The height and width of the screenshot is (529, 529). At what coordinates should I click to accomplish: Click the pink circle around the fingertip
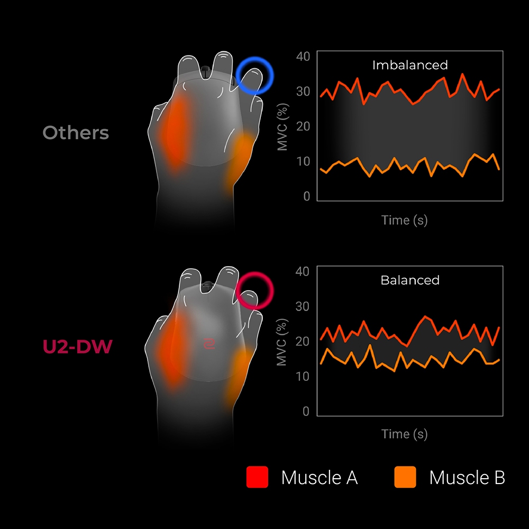coord(237,291)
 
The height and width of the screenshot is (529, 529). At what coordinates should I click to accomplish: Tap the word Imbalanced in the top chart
coord(410,65)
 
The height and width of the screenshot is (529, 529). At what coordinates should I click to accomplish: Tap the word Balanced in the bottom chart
coord(410,280)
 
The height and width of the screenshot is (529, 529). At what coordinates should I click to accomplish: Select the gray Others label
coord(76,133)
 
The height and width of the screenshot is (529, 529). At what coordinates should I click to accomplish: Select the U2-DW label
coord(77,346)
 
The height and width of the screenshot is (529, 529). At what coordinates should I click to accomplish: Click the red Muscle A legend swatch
coord(257,477)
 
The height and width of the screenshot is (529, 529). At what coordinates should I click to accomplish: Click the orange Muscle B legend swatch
coord(405,477)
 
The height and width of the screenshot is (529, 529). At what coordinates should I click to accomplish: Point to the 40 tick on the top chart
coord(303,57)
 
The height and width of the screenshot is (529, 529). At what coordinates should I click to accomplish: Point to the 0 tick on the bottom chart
coord(306,411)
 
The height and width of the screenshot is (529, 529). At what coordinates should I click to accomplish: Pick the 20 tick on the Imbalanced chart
coord(303,126)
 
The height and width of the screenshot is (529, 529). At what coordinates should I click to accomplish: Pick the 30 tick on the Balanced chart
coord(302,306)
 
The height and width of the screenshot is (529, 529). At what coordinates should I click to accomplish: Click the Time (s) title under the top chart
coord(405,220)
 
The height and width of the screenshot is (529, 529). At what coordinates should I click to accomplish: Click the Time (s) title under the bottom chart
coord(405,434)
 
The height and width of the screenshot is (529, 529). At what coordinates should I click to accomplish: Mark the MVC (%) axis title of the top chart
coord(282,127)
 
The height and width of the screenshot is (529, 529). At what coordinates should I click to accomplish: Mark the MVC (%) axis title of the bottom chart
coord(282,342)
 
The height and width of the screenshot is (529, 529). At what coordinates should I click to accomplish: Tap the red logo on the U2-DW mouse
coord(209,344)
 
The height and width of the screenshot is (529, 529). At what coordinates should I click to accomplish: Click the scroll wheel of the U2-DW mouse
coord(206,286)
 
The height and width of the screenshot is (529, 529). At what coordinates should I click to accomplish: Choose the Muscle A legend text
coord(319,477)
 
